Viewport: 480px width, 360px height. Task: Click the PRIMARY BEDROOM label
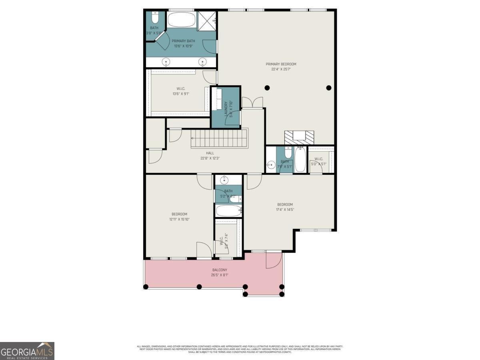(x=281, y=64)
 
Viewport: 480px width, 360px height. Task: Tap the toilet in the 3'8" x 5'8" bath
(x=155, y=18)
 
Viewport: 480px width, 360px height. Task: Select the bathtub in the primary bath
(x=181, y=20)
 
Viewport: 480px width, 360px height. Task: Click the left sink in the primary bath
(x=166, y=62)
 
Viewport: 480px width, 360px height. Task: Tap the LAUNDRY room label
(x=226, y=108)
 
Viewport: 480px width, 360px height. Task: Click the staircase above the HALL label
(x=219, y=138)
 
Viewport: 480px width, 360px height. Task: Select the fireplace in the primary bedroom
(x=299, y=137)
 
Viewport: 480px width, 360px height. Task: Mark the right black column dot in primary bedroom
(x=329, y=88)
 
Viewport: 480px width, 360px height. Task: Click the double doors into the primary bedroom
(x=252, y=102)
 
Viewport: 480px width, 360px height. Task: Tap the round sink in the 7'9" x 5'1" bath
(x=271, y=165)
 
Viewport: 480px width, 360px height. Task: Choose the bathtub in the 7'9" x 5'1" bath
(x=300, y=160)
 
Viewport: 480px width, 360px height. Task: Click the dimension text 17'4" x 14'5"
(x=285, y=209)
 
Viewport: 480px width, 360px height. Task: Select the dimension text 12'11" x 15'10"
(x=179, y=219)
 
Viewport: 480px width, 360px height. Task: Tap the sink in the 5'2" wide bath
(x=225, y=179)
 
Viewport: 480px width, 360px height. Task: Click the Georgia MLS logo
(x=27, y=351)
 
